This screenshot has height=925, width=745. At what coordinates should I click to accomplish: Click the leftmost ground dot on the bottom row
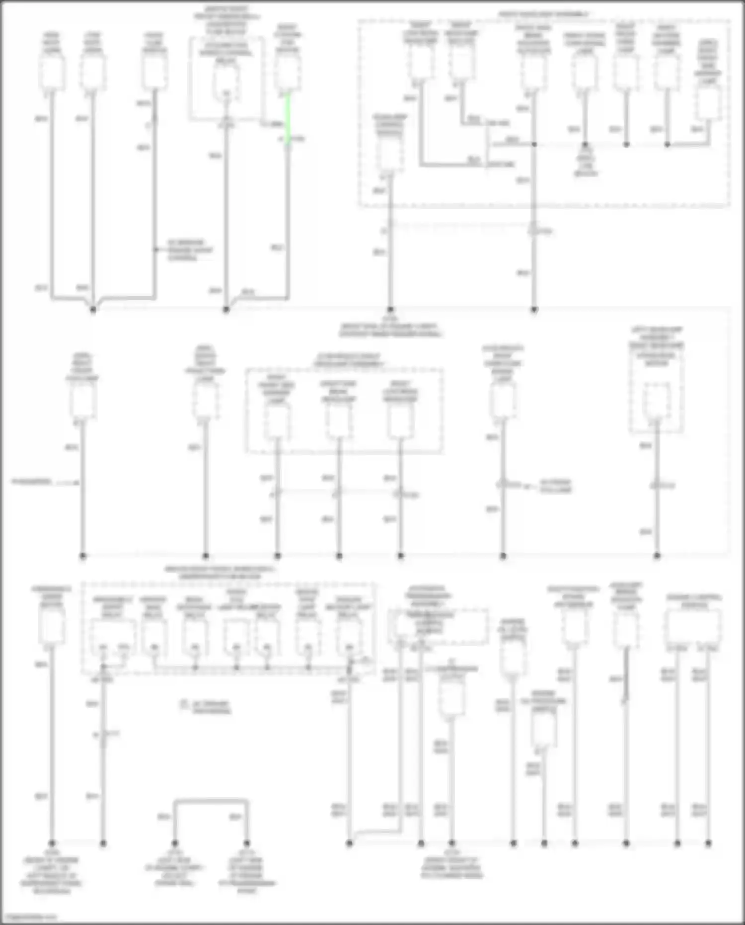(52, 843)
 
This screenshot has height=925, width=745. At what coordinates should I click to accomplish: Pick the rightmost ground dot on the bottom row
(708, 843)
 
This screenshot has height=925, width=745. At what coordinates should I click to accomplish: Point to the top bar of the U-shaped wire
(211, 801)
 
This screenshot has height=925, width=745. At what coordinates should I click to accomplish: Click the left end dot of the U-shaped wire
(175, 843)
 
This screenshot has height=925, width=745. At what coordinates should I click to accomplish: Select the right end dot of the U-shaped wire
(247, 843)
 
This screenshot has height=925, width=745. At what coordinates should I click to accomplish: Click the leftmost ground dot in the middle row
(82, 556)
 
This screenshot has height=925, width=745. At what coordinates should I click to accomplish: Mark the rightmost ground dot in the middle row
(657, 556)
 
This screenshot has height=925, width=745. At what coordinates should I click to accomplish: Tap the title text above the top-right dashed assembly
(544, 15)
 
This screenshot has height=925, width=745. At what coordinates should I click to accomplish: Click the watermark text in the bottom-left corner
(29, 917)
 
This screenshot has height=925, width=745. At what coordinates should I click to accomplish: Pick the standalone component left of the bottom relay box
(51, 627)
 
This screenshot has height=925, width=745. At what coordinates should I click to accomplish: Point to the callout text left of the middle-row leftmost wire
(31, 482)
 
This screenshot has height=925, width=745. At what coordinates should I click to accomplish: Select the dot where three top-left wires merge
(93, 309)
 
